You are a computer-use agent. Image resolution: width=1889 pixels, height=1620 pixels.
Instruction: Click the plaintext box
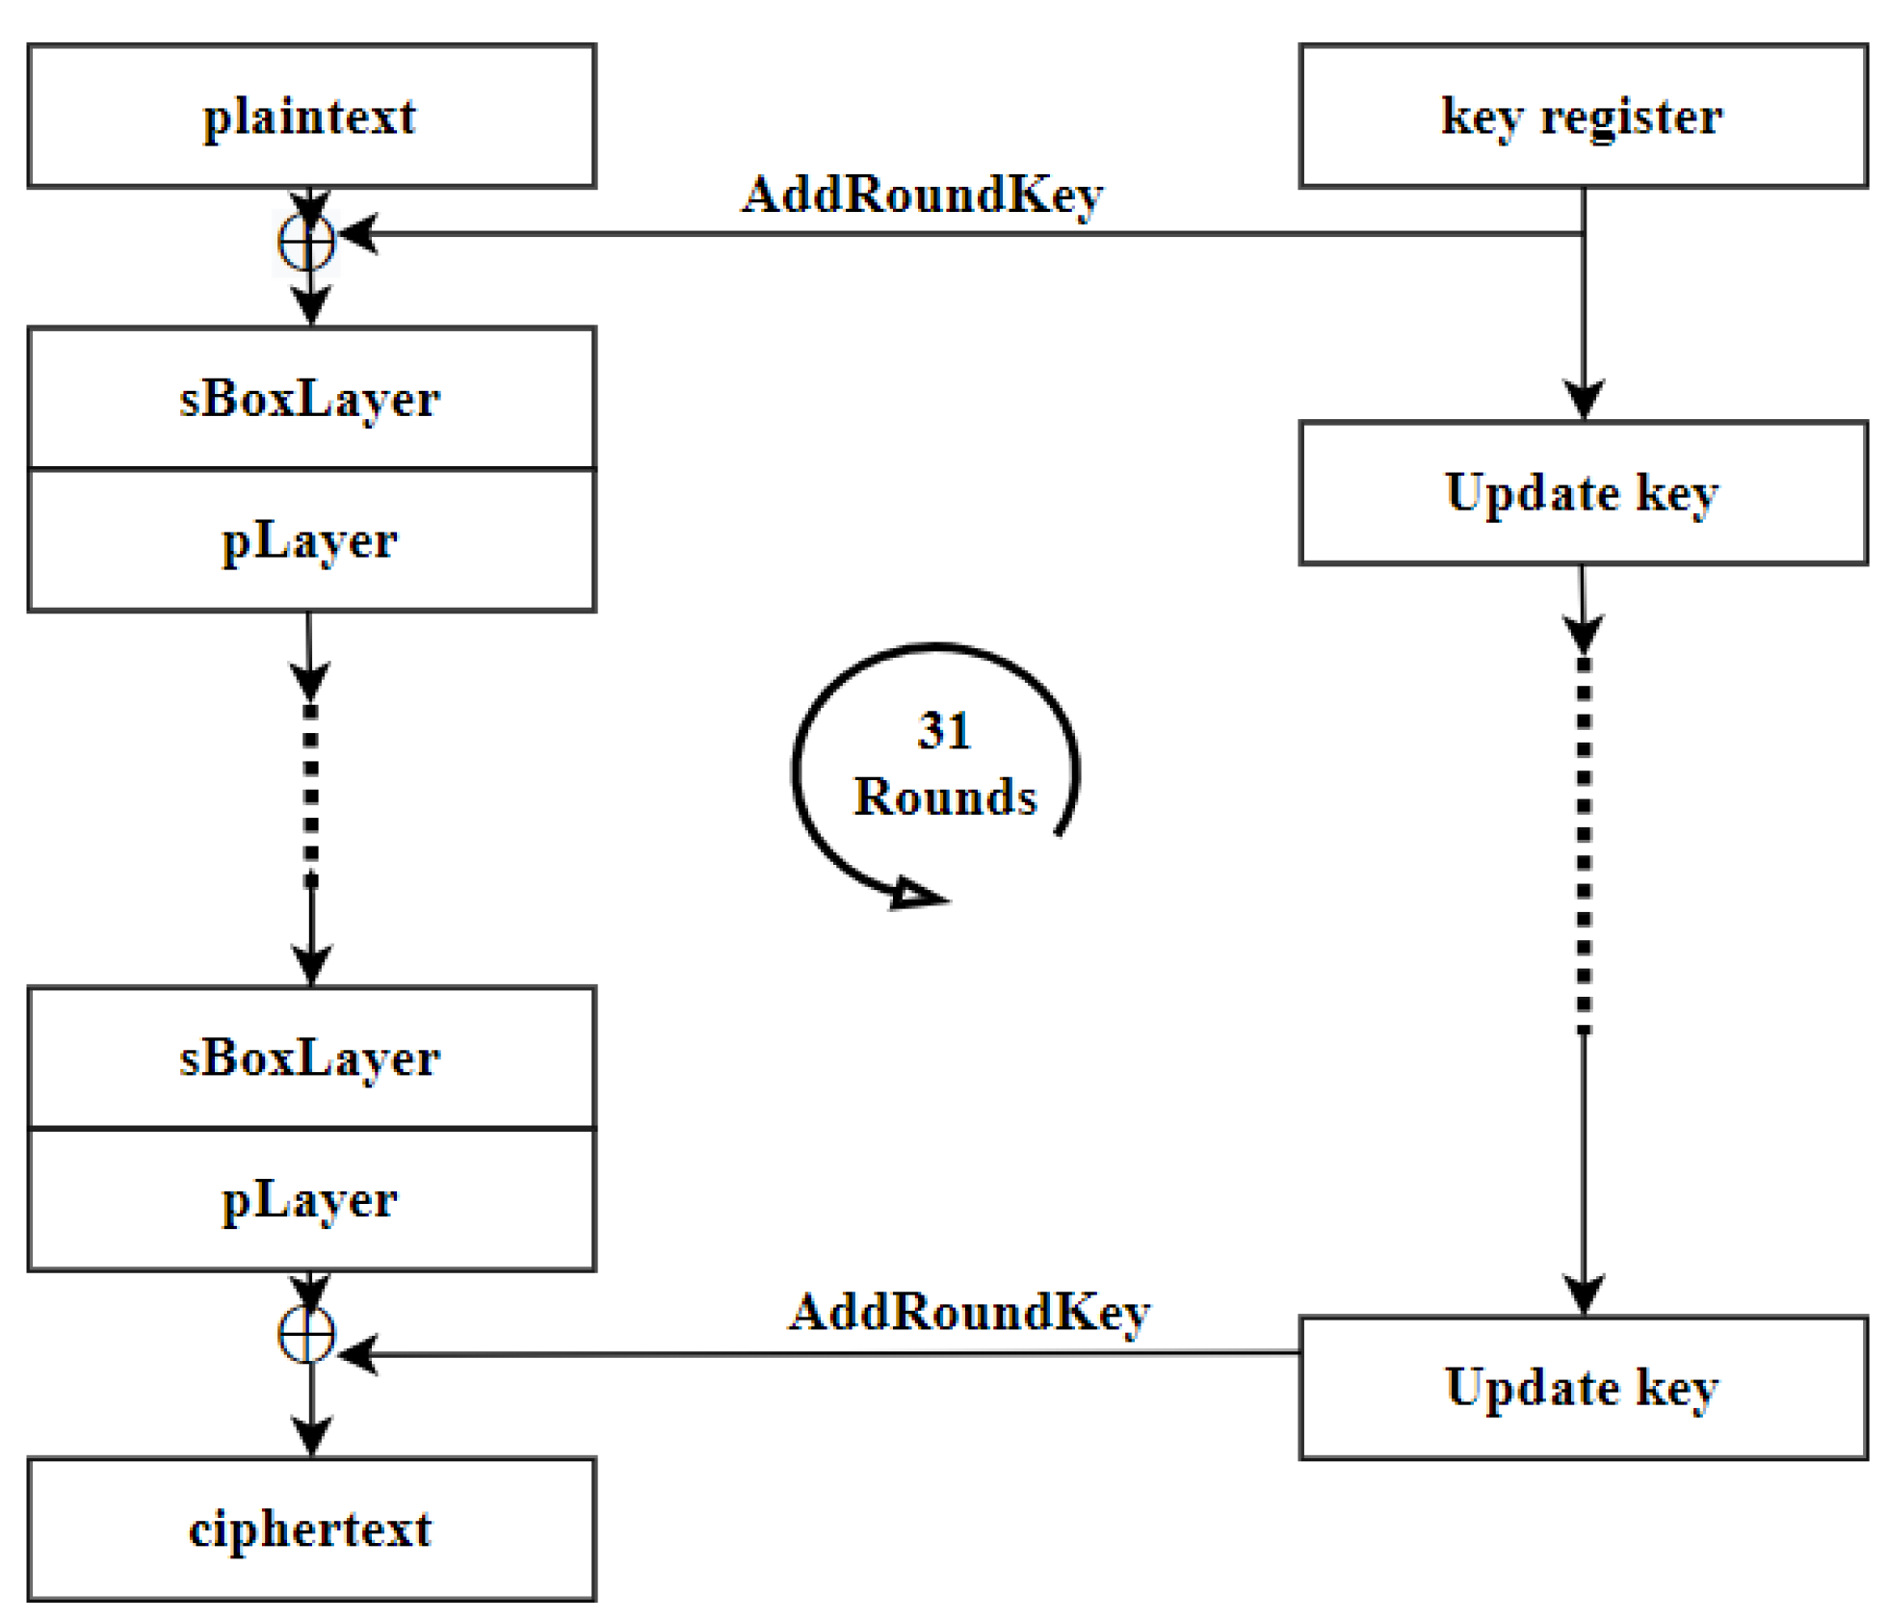click(310, 116)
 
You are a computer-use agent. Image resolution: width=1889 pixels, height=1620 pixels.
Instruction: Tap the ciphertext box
click(310, 1529)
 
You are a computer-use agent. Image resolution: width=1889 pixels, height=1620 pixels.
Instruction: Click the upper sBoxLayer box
click(310, 398)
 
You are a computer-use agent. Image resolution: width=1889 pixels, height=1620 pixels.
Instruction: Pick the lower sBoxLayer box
click(310, 1057)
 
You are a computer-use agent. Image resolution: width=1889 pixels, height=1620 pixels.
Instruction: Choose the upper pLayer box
click(310, 539)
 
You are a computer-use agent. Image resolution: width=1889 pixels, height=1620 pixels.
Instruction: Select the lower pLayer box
click(310, 1199)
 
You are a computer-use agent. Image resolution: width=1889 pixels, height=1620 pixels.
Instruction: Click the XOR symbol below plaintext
click(306, 241)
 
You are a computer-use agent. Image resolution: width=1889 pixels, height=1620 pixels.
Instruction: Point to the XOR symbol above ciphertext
click(306, 1334)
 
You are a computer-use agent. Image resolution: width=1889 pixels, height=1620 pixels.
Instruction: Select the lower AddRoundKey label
click(968, 1312)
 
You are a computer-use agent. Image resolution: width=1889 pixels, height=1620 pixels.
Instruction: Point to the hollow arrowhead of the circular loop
click(915, 894)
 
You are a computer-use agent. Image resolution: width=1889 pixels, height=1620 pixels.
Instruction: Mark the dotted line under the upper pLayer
click(310, 795)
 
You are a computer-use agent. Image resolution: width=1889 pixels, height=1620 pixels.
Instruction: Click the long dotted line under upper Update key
click(1583, 843)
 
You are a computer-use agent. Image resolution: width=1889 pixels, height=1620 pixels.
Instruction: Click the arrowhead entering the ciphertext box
click(310, 1435)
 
